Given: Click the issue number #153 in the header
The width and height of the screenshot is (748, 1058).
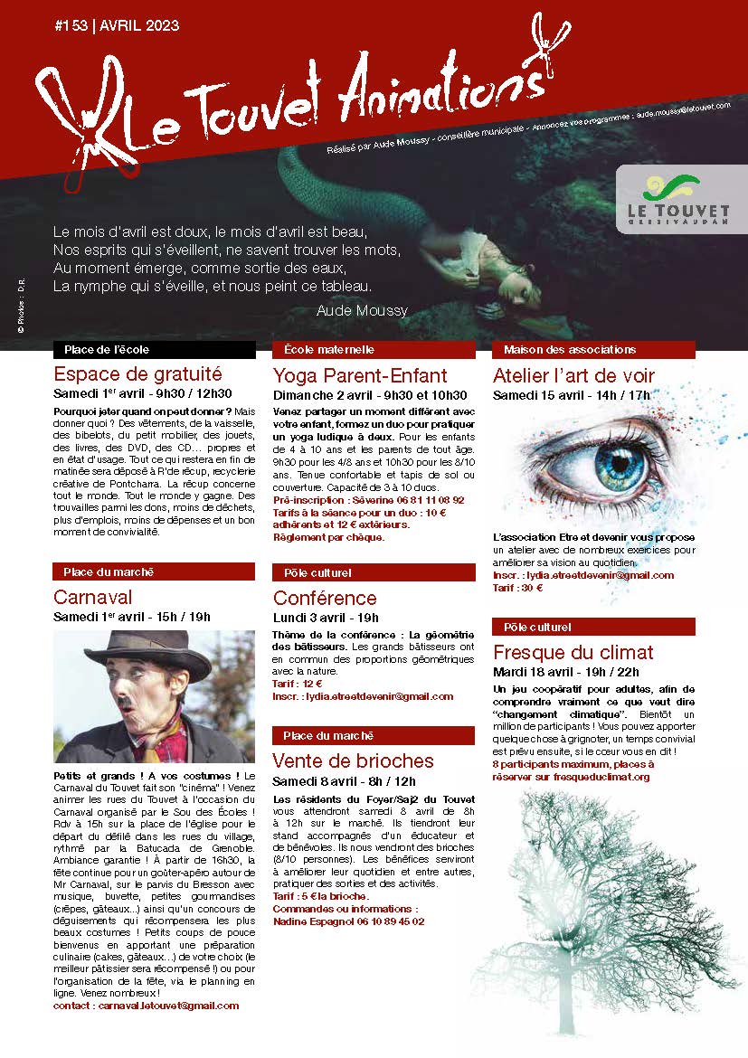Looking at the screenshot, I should pos(70,26).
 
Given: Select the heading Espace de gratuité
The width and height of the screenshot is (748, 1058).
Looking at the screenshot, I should pos(137,373).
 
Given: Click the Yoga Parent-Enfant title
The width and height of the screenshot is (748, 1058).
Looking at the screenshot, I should pos(360,375).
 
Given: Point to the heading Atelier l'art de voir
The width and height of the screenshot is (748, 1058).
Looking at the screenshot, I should pos(573,375).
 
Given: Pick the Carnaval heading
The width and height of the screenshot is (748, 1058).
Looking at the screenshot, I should pos(92,597).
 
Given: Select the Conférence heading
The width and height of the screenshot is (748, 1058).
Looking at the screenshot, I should pos(325,598).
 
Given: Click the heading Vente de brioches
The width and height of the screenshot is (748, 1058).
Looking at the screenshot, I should pos(354,760).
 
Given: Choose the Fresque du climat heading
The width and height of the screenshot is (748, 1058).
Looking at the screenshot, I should pos(573,652).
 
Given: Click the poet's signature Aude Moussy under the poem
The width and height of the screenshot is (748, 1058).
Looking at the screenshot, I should pos(362,310).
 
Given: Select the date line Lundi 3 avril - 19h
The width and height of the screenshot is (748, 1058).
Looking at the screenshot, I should pos(326,617).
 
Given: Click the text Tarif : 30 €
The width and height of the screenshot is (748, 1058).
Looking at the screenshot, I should pos(518,588).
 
